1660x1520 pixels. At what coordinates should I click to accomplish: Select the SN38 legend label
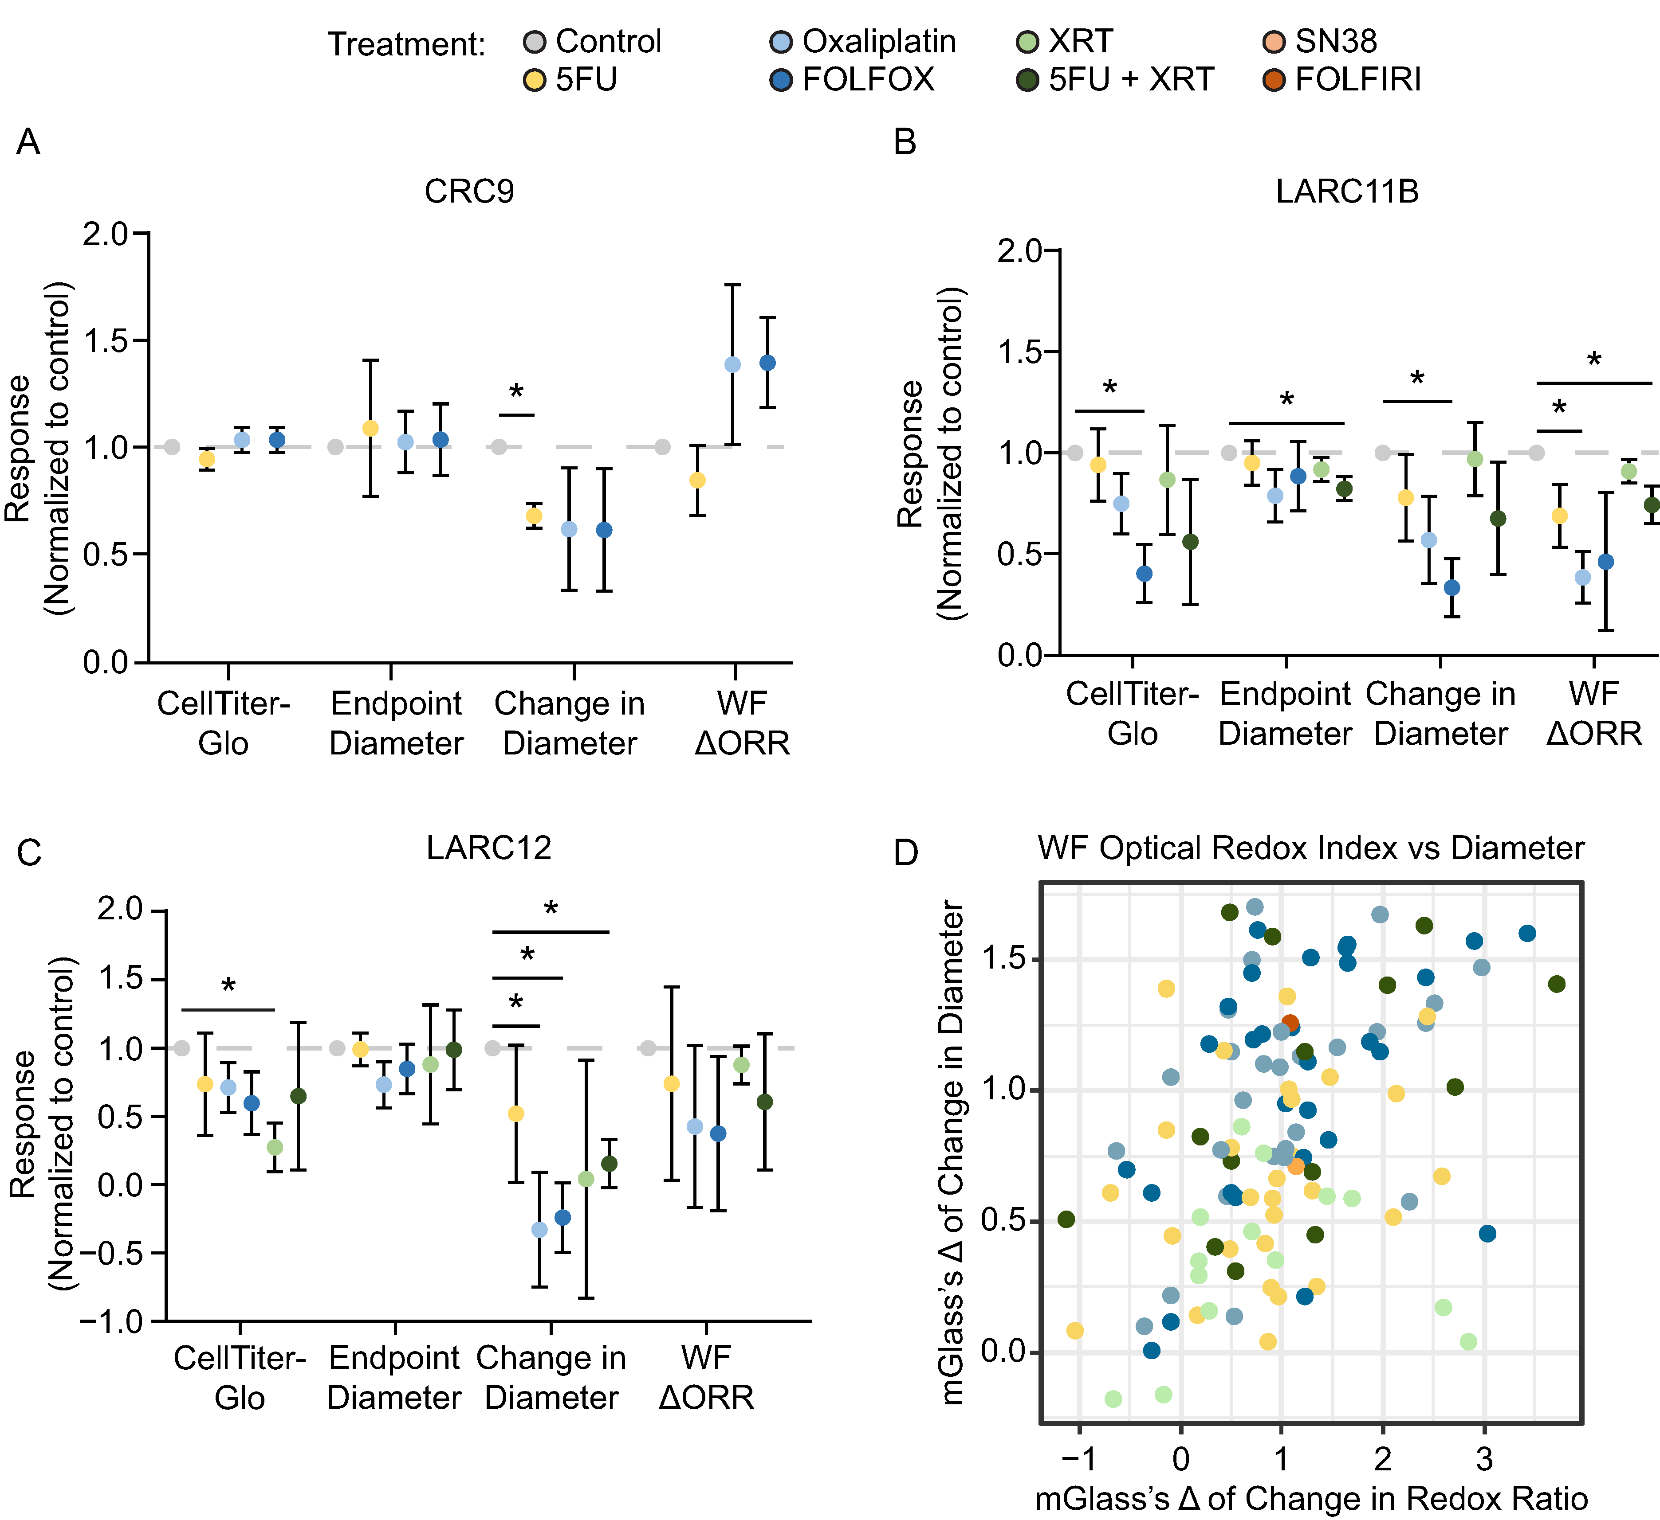pos(1336,41)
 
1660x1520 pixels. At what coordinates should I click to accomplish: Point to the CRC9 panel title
pos(469,192)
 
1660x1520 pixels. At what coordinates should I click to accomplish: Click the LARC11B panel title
pos(1347,192)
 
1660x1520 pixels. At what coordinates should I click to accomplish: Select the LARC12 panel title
pos(489,848)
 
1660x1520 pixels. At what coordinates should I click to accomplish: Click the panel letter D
pos(906,853)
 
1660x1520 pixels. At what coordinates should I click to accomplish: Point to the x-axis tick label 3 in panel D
pos(1484,1459)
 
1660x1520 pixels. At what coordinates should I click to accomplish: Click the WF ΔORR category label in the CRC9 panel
pos(742,723)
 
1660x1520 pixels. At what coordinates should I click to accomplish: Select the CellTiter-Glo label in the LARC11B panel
pos(1132,714)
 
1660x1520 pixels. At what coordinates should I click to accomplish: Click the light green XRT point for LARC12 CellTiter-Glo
pos(275,1147)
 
